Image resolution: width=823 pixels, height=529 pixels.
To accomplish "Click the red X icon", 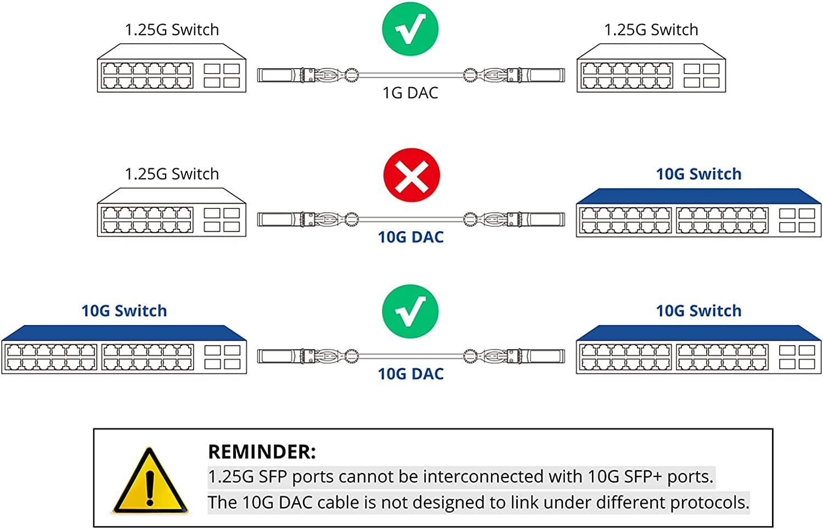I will click(x=411, y=175).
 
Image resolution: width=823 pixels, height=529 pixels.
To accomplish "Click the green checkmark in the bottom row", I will click(x=410, y=311).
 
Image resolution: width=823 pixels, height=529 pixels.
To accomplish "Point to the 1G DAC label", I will click(x=410, y=93).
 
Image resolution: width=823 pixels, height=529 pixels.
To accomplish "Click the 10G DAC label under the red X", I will click(x=410, y=237).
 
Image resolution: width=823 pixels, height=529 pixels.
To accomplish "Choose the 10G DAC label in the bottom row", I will click(x=410, y=374).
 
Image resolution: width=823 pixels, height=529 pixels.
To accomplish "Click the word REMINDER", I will click(x=262, y=452).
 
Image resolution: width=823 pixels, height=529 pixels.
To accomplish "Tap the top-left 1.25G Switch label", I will click(x=172, y=30).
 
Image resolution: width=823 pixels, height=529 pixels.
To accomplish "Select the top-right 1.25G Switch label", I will click(x=651, y=30).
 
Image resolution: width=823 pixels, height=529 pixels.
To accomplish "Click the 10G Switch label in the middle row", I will click(x=698, y=174).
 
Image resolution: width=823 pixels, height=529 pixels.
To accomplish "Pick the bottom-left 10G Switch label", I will click(x=124, y=311).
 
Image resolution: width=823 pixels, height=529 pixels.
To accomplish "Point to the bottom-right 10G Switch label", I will click(x=698, y=311).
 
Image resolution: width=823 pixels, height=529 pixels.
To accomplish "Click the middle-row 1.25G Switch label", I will click(x=172, y=174).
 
